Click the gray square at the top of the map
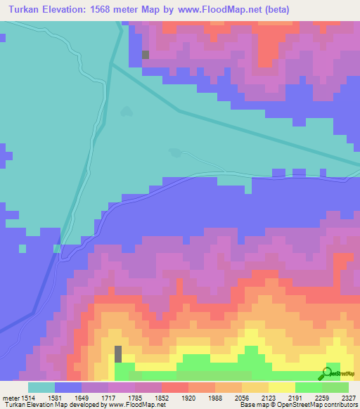[x=146, y=55]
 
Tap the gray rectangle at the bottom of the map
[x=118, y=353]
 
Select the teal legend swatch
[x=41, y=388]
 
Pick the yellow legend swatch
[x=282, y=388]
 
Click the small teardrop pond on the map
[x=126, y=111]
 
